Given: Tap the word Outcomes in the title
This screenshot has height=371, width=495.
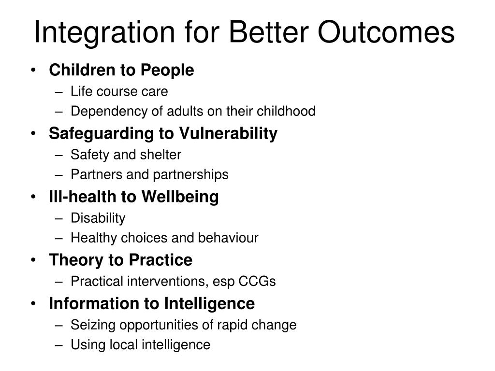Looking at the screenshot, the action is [x=386, y=32].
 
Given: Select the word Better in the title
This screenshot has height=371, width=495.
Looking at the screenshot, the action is [x=269, y=32].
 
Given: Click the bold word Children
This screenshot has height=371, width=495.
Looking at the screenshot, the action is [x=82, y=70].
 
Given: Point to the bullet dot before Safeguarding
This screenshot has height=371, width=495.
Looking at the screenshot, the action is [x=33, y=133].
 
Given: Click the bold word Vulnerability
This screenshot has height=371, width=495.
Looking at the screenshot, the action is [x=228, y=134].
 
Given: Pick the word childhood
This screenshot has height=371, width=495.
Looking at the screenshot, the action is [x=286, y=111].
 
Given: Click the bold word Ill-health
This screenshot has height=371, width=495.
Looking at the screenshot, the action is [x=83, y=197].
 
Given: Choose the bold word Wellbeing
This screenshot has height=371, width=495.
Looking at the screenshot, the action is [x=180, y=197].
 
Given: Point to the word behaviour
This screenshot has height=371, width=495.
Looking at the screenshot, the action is [x=228, y=238].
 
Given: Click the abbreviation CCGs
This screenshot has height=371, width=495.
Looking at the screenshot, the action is [x=257, y=282].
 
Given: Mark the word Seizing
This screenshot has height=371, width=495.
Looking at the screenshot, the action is [x=93, y=326].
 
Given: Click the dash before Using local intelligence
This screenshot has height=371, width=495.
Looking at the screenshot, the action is [x=59, y=345].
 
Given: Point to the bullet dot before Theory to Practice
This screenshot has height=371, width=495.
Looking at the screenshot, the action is [x=33, y=260].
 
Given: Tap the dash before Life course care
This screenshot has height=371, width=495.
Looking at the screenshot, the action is [x=59, y=92].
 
